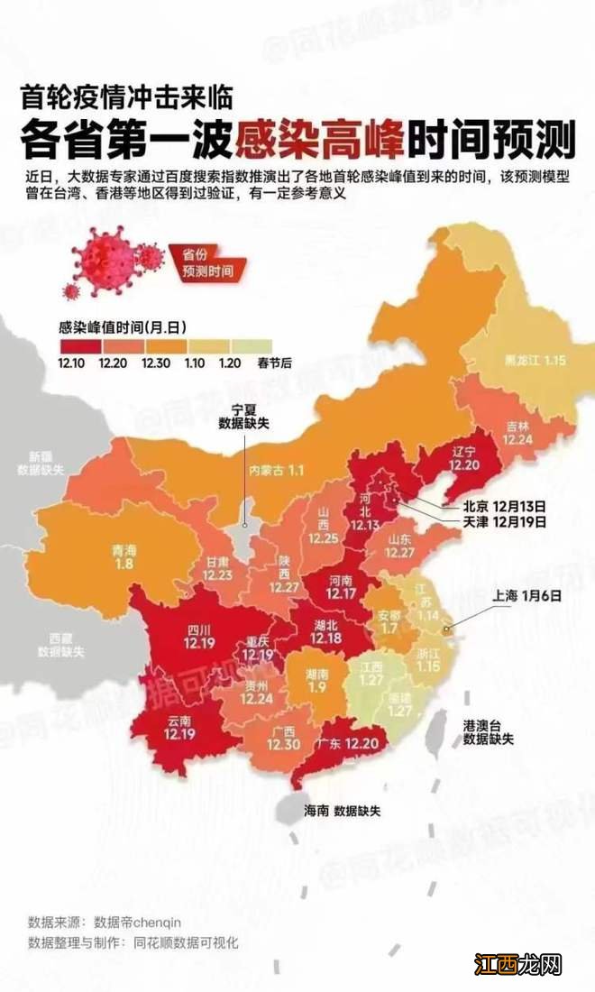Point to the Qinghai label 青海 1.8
(124, 556)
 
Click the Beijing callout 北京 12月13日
(494, 506)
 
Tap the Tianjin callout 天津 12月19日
(494, 522)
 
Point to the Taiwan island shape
(434, 731)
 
